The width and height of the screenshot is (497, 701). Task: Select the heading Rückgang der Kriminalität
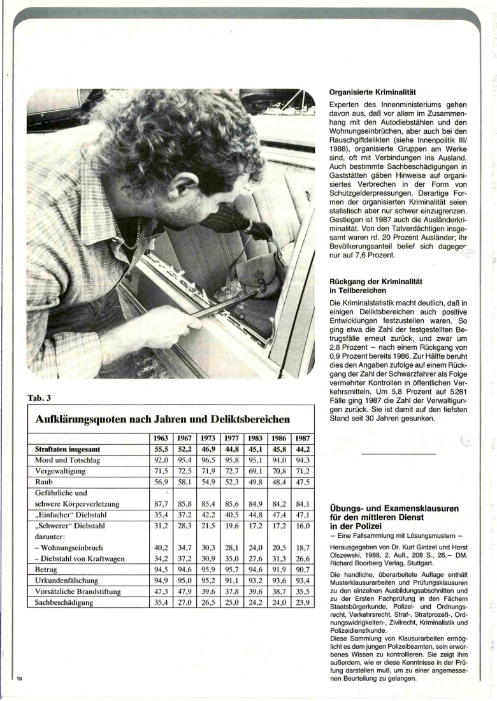[376, 281]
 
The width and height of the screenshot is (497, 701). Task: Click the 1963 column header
[161, 439]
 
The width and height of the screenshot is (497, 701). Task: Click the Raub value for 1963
[161, 483]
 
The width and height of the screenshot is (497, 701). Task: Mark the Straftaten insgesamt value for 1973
[207, 450]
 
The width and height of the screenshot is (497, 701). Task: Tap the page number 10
[20, 677]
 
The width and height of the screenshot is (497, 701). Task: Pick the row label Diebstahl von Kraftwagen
[75, 558]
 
